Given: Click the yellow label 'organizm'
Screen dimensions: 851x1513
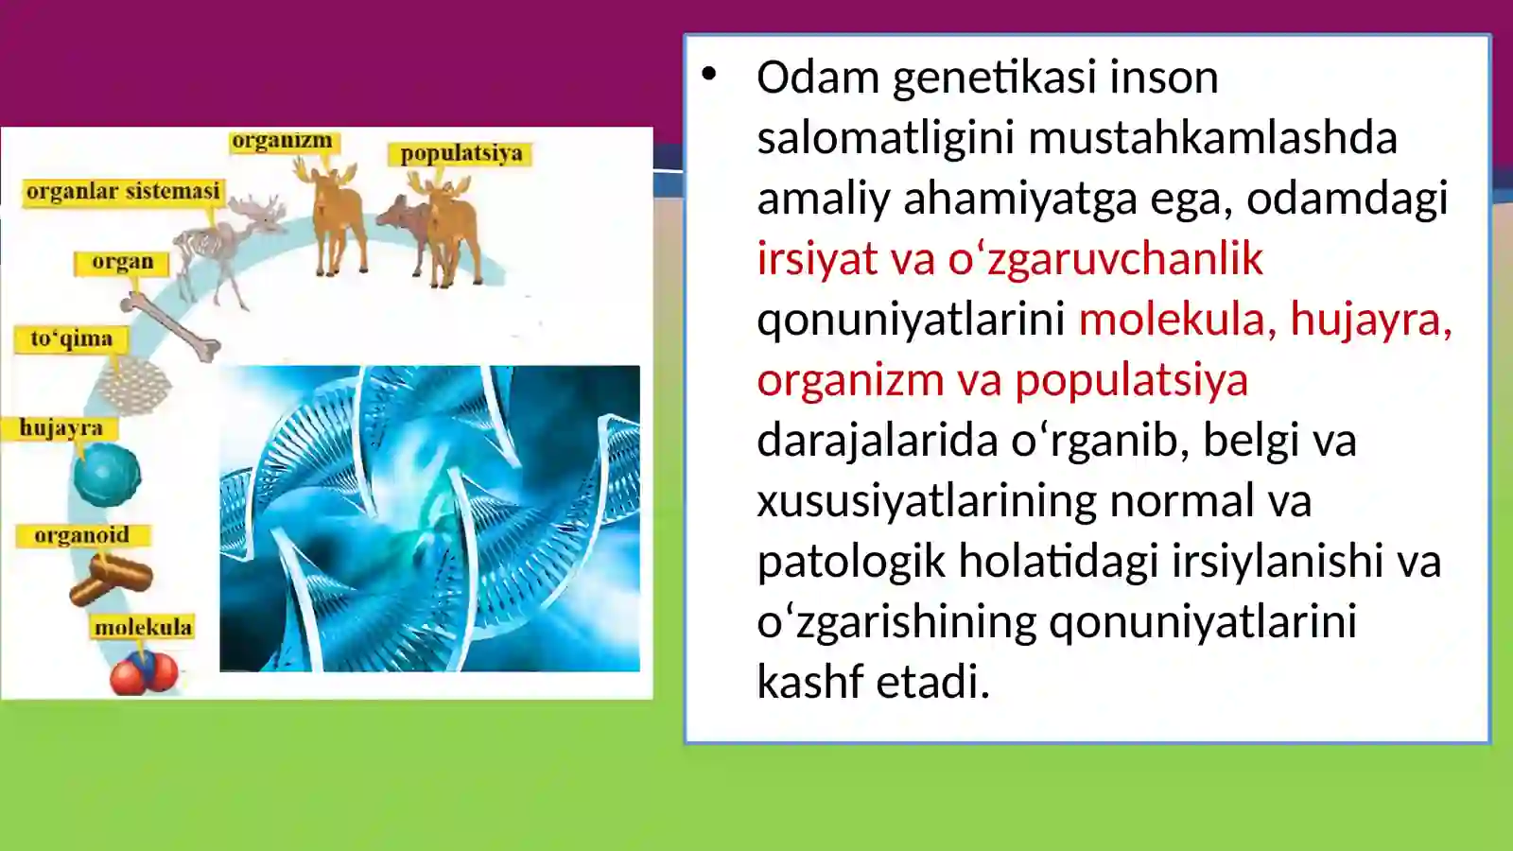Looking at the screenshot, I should [282, 141].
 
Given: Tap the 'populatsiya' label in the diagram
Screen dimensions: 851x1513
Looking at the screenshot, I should [461, 153].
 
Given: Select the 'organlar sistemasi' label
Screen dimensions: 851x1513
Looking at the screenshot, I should [123, 191].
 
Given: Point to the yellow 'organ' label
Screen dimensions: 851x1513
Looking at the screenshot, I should [122, 262].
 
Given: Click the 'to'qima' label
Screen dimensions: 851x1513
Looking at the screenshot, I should [71, 339].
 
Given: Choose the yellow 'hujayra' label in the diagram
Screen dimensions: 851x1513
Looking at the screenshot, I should [61, 427].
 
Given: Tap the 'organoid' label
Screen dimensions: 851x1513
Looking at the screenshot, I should [82, 535].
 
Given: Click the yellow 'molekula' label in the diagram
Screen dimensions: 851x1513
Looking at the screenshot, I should [143, 627].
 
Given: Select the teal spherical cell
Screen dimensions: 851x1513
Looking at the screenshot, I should [107, 475].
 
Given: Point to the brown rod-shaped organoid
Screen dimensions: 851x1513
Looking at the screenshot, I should [112, 578].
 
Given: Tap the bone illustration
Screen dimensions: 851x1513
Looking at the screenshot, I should [170, 326].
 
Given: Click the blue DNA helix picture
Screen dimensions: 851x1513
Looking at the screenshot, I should [429, 518].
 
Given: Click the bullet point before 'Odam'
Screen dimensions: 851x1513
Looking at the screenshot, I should [709, 74].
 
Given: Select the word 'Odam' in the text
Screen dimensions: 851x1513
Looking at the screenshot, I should [818, 78].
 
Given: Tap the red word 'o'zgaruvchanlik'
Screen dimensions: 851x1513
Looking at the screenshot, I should [1105, 259].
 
